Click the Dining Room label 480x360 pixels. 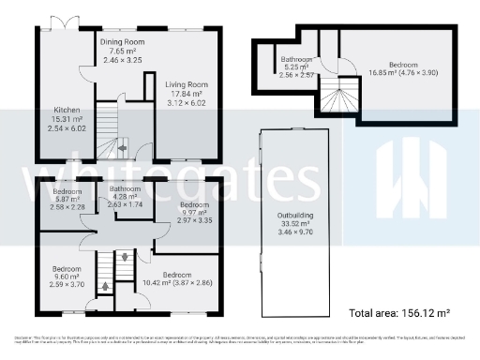click(124, 42)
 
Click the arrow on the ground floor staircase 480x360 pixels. click(119, 146)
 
